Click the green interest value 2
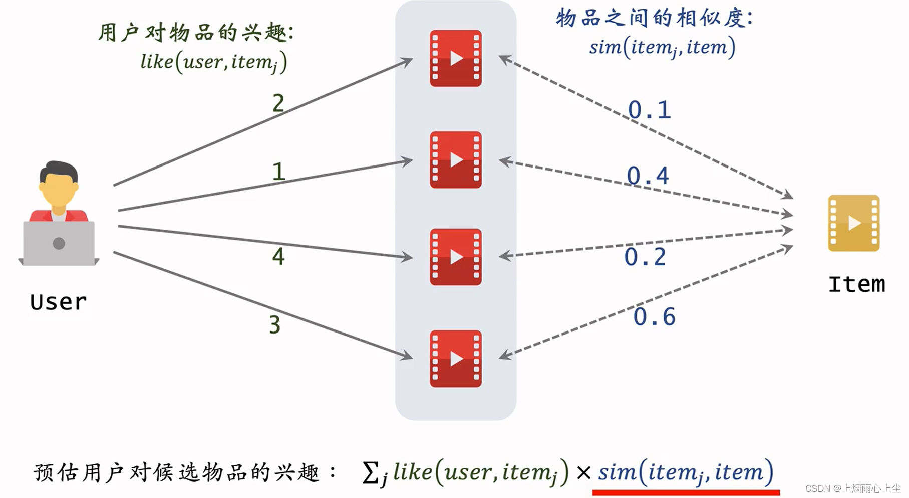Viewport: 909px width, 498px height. [278, 103]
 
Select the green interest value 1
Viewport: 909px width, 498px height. [279, 172]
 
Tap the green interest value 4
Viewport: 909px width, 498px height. [278, 257]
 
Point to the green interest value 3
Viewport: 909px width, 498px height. [275, 324]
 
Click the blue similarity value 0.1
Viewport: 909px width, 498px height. [649, 110]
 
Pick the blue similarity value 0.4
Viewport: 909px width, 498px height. [648, 176]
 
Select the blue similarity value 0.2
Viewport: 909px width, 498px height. [645, 257]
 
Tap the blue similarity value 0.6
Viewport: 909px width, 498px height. [654, 317]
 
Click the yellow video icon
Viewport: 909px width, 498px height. [854, 223]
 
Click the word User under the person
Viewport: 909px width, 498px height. [58, 302]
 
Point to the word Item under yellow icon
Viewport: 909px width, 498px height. [856, 284]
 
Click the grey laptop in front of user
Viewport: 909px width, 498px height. [59, 244]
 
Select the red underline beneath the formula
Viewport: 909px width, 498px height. [686, 492]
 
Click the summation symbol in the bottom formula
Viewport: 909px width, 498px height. [371, 472]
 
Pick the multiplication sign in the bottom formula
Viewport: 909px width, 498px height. [583, 472]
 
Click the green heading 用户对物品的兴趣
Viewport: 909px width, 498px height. [195, 33]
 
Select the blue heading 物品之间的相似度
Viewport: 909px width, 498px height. [654, 18]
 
